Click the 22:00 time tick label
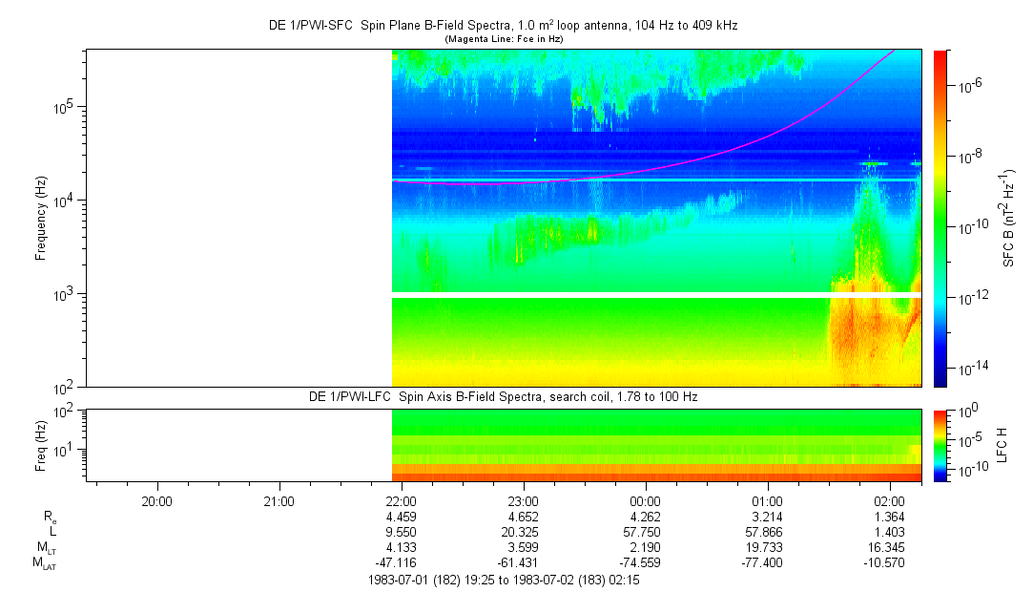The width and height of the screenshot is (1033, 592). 401,500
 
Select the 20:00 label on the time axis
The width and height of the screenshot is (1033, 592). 156,500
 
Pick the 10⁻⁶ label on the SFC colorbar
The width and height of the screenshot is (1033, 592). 971,87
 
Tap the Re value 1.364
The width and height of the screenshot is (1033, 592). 890,517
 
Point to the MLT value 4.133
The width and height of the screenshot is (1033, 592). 401,547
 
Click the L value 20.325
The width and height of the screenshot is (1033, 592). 524,532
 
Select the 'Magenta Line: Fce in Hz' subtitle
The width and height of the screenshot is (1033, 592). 504,38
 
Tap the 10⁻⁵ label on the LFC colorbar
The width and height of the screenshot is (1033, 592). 971,439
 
